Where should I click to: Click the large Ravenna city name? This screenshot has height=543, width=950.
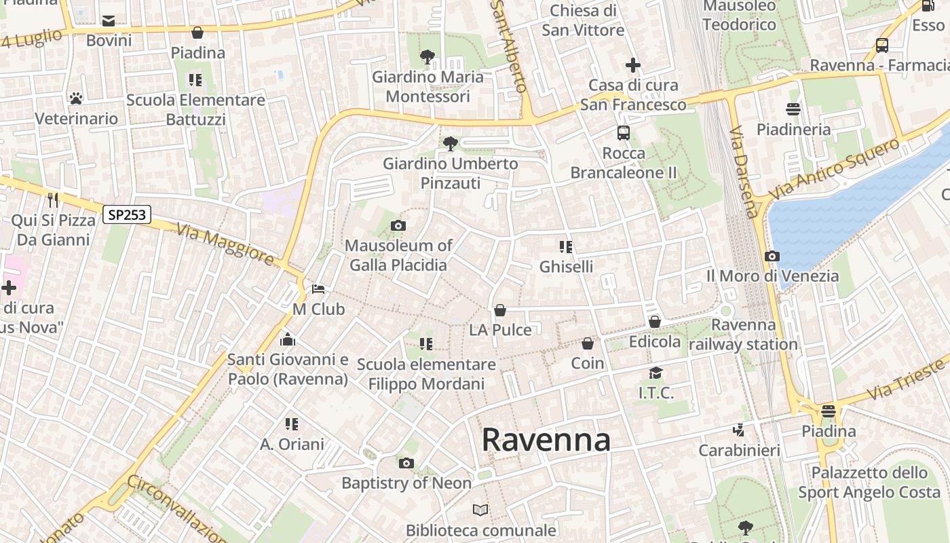pyautogui.click(x=546, y=440)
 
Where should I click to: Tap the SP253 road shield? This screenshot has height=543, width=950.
pyautogui.click(x=127, y=214)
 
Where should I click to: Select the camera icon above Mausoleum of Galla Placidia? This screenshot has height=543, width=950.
pyautogui.click(x=398, y=225)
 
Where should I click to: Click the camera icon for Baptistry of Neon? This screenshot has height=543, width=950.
pyautogui.click(x=406, y=464)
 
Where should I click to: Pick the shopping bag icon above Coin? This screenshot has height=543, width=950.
pyautogui.click(x=588, y=343)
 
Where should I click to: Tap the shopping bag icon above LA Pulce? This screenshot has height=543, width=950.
pyautogui.click(x=500, y=310)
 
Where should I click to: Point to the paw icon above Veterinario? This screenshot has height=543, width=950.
pyautogui.click(x=76, y=98)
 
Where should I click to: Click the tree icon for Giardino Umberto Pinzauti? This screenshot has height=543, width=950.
pyautogui.click(x=449, y=143)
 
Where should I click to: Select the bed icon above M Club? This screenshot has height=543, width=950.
pyautogui.click(x=318, y=289)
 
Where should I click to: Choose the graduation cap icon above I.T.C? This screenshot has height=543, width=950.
pyautogui.click(x=655, y=373)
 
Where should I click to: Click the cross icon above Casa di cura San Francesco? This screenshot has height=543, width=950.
pyautogui.click(x=633, y=65)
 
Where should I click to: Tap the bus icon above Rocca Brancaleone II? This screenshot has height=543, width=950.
pyautogui.click(x=624, y=133)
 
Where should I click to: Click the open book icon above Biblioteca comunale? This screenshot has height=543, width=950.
pyautogui.click(x=480, y=510)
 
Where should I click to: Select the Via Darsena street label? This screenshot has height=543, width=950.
pyautogui.click(x=744, y=171)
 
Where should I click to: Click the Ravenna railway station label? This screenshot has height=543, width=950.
pyautogui.click(x=744, y=335)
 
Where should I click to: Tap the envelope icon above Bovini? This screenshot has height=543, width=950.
pyautogui.click(x=109, y=21)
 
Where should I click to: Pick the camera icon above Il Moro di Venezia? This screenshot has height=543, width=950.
pyautogui.click(x=772, y=256)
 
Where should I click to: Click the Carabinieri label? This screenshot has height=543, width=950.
pyautogui.click(x=739, y=450)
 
